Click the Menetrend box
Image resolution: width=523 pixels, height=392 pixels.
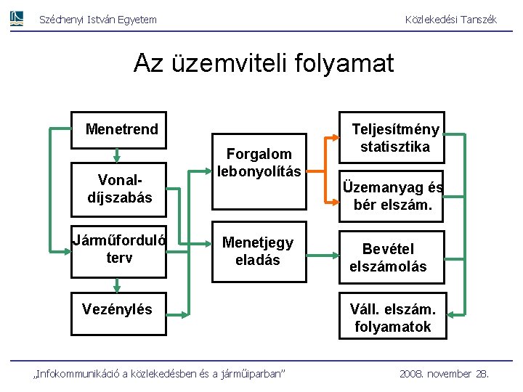coord(120,130)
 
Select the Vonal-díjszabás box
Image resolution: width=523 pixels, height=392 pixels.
coord(120,189)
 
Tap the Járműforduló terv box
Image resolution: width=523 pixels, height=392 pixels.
coord(119,249)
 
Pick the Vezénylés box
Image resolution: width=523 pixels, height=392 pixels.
coord(118,309)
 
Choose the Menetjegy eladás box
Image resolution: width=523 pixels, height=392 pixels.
coord(258,250)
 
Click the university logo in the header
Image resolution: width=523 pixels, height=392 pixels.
coord(17,19)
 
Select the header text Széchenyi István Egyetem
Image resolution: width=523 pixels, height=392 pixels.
coord(97,20)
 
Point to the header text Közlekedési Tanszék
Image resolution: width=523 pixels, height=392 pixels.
coord(450,20)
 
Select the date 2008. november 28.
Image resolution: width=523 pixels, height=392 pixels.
coord(445,373)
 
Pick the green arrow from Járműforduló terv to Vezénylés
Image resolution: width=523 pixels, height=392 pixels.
coord(117,288)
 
